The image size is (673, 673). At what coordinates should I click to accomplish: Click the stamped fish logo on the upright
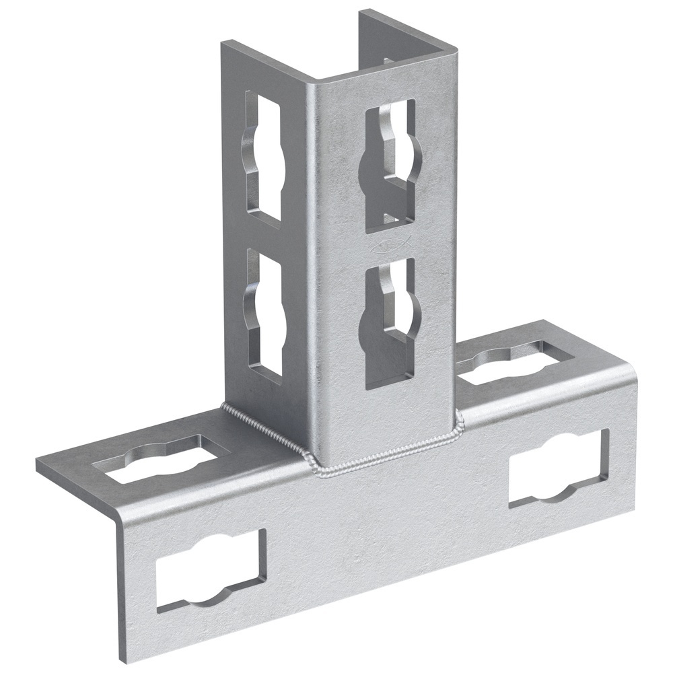tap(390, 246)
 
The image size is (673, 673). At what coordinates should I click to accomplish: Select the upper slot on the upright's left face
tap(263, 156)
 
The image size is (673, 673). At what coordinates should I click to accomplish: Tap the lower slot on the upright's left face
tap(264, 311)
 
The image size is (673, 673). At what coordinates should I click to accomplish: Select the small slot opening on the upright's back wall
tap(389, 61)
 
